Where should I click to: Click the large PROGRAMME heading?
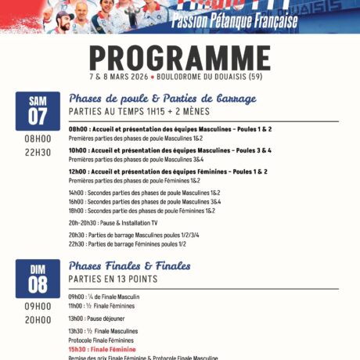(179, 58)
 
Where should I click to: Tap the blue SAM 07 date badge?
(38, 110)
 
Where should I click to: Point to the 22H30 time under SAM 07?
(38, 152)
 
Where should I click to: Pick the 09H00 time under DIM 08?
(38, 306)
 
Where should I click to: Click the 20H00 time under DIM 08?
(38, 319)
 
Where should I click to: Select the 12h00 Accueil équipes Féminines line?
(167, 171)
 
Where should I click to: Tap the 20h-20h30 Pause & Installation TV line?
(118, 223)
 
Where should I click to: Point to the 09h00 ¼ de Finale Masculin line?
(104, 297)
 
